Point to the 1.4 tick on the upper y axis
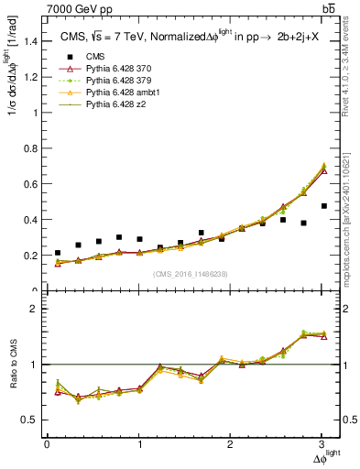(x=31, y=41)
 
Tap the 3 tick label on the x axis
(x=323, y=444)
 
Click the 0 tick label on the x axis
(x=47, y=444)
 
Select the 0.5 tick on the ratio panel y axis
(x=31, y=420)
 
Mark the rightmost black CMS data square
(x=324, y=232)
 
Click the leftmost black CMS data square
(x=58, y=253)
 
